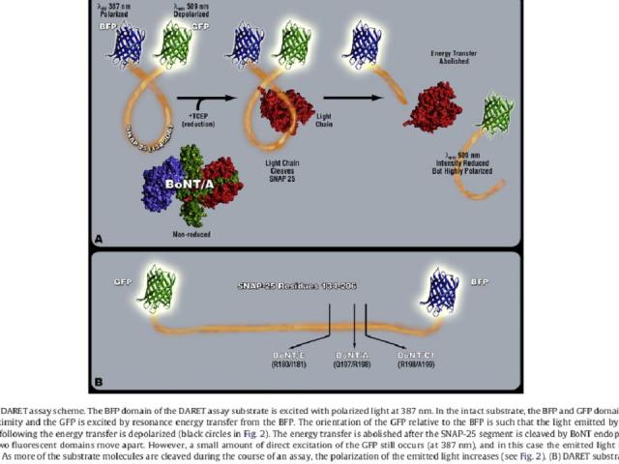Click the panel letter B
tap(99, 381)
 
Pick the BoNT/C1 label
tap(416, 356)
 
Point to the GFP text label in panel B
tap(123, 281)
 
